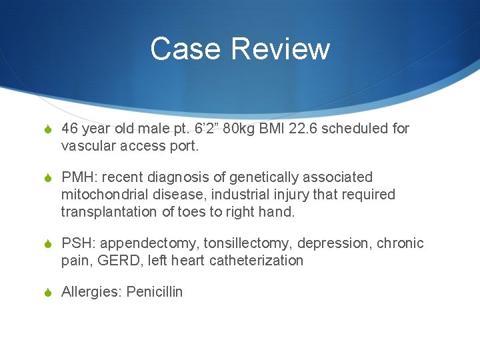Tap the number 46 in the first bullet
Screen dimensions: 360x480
(70, 128)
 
